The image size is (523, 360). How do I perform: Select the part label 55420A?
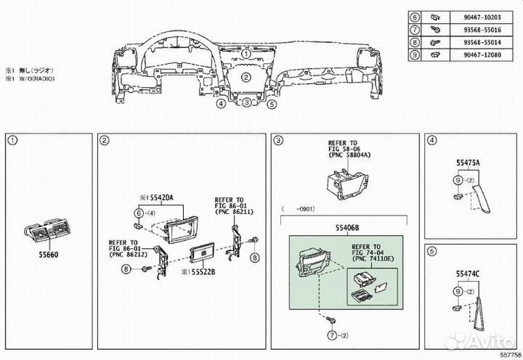pos(157,198)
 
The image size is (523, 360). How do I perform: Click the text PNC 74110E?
pos(376,259)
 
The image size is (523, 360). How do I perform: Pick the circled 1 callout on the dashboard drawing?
pos(246,53)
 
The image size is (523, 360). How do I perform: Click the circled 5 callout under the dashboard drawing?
pos(272,104)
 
